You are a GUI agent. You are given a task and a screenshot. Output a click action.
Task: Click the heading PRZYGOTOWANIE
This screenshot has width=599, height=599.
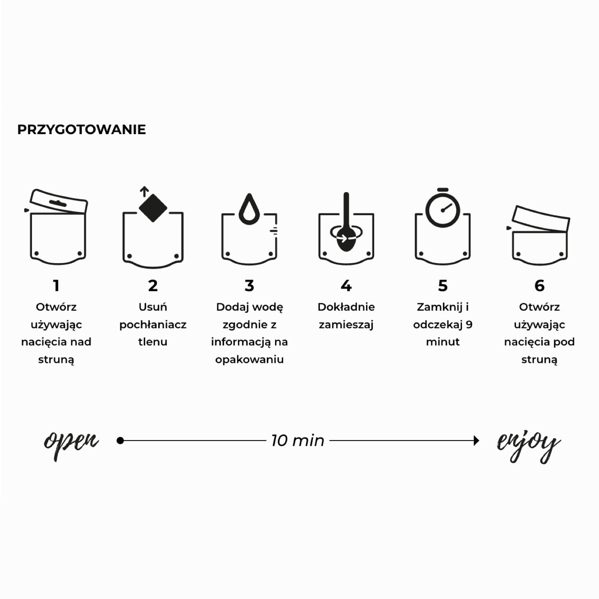(81, 130)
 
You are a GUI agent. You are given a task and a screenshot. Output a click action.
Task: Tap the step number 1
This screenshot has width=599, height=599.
(56, 286)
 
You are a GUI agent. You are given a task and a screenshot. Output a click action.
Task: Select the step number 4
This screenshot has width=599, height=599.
(346, 286)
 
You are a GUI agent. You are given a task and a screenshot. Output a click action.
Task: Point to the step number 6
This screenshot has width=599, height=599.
(539, 286)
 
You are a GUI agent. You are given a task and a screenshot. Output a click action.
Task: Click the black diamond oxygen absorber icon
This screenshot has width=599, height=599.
(153, 208)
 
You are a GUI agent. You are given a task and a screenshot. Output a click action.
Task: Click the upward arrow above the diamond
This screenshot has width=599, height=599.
(144, 192)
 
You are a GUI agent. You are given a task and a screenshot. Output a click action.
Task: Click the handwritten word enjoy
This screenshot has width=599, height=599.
(528, 445)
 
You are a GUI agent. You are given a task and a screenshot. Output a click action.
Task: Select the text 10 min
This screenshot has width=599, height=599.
(298, 440)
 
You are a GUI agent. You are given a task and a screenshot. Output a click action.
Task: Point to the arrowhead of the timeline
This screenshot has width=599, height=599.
(476, 440)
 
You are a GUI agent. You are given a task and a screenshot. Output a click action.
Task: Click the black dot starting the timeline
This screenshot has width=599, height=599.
(120, 440)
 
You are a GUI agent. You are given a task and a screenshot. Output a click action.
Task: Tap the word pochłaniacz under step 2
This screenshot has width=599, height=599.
(153, 325)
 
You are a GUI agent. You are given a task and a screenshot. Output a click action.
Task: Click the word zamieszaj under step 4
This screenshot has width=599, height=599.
(346, 325)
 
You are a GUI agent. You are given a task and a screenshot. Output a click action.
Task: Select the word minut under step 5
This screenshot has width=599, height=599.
(443, 342)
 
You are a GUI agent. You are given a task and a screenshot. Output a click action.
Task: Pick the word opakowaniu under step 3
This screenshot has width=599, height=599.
(250, 359)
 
